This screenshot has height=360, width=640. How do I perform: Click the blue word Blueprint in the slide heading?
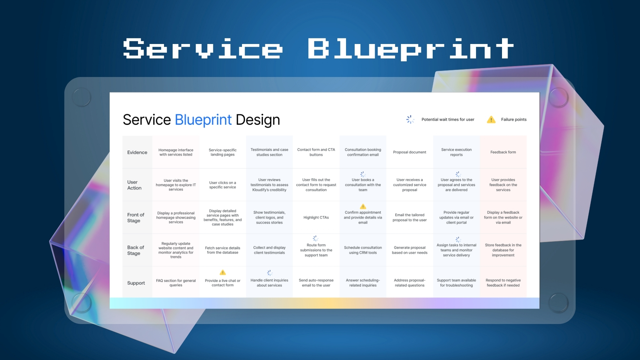pos(203,120)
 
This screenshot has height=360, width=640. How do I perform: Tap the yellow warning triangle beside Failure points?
pos(491,120)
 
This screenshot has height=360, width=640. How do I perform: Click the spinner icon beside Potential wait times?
pos(410,119)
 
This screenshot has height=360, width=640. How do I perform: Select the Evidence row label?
pos(137,152)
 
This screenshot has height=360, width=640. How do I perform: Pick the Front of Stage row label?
pos(135,218)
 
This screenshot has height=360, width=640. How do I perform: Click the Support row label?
pos(136,283)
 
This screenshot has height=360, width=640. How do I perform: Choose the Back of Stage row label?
pos(135,250)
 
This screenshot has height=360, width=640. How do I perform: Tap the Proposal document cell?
pos(409,152)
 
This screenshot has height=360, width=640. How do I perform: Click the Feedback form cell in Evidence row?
pos(503,152)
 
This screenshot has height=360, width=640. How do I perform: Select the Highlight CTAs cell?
pos(316,218)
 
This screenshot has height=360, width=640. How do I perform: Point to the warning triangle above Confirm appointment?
pos(363,207)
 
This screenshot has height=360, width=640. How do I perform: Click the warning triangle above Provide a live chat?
pos(223,273)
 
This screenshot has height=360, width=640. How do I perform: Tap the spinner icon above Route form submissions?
pos(316,239)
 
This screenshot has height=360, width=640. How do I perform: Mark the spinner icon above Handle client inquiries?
pos(270,273)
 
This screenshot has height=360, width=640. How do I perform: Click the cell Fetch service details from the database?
pos(223,250)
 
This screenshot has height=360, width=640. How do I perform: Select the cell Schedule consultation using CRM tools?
pos(363,250)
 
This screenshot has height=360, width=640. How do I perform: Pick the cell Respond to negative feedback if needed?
pos(503,283)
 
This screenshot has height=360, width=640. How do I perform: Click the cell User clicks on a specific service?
pos(223,185)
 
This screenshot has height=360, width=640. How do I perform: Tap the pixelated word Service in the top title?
pos(203,49)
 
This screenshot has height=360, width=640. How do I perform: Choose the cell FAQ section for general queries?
pos(176,283)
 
